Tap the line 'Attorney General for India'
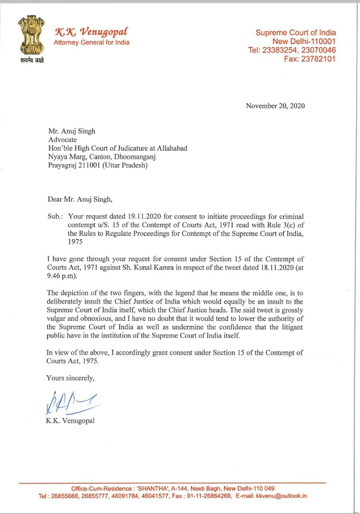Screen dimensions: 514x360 pos(92,42)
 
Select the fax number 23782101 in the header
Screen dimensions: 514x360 pos(319,59)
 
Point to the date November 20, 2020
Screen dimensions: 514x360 pos(275,106)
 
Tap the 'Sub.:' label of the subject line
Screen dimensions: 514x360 pos(54,216)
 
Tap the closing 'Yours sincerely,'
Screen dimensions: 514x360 pos(71,378)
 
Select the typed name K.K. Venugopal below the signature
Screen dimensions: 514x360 pos(70,421)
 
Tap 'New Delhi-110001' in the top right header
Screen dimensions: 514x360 pos(304,41)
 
